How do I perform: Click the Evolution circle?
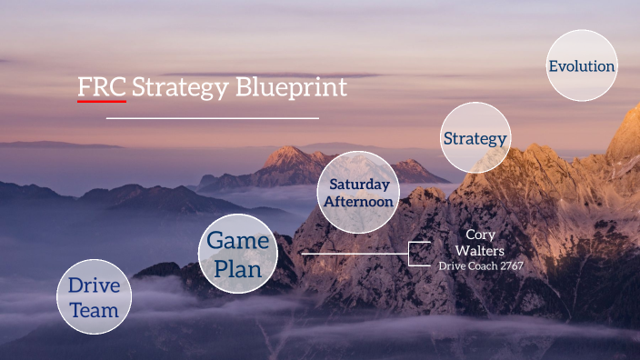point(582,65)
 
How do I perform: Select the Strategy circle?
point(475,138)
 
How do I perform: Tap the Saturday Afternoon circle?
point(360,192)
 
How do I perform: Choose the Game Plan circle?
point(238,255)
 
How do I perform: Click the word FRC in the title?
point(102,87)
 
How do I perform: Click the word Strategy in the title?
point(181,88)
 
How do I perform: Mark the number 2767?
point(510,265)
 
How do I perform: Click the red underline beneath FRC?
point(102,101)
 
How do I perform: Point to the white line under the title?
point(212,117)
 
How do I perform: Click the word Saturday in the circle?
point(360,184)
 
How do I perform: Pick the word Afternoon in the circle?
point(360,201)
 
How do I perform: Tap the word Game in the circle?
point(238,241)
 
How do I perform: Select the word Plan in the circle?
point(238,269)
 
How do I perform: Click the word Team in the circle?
point(94,310)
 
